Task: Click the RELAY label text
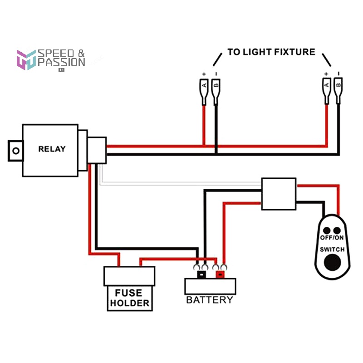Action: click(x=52, y=149)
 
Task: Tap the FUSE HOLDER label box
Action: click(x=128, y=298)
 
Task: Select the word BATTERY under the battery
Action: click(x=210, y=300)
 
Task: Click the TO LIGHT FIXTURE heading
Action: click(x=271, y=52)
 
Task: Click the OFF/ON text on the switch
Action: click(x=333, y=238)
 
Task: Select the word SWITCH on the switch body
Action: click(x=333, y=250)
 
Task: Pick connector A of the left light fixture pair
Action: click(x=204, y=85)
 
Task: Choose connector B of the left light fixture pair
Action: click(x=216, y=85)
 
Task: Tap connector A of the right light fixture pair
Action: click(x=326, y=85)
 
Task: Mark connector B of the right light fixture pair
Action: click(x=338, y=85)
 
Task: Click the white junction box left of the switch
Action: click(x=279, y=194)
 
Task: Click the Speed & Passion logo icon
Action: click(x=26, y=59)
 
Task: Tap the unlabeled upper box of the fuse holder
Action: click(x=129, y=276)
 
